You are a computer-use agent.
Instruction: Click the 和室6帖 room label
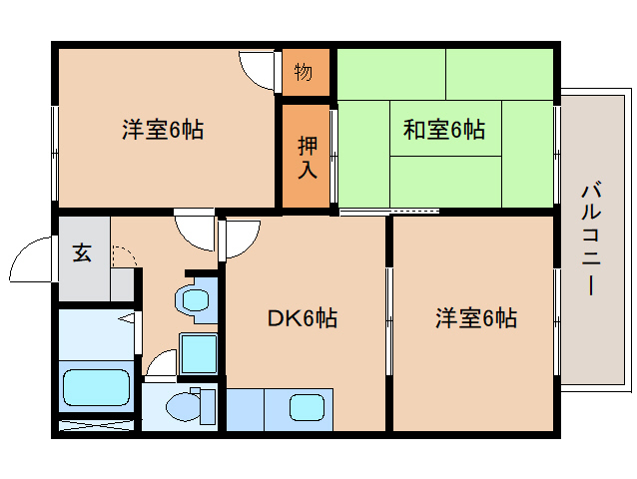(443, 130)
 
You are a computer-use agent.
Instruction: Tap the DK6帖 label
(303, 318)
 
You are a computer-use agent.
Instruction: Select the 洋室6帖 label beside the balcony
(476, 318)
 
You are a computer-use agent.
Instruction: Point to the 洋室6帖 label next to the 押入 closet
(163, 130)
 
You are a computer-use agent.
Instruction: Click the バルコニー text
(591, 239)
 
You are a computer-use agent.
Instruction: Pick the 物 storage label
(304, 72)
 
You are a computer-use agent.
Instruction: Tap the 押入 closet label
(308, 158)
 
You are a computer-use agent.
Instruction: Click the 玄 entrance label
(82, 252)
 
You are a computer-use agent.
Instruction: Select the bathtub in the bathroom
(96, 387)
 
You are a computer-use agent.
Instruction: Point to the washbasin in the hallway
(194, 300)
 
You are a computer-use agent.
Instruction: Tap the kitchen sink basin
(308, 407)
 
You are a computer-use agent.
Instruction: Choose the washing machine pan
(199, 353)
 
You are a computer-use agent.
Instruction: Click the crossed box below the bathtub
(96, 425)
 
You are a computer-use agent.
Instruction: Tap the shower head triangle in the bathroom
(128, 317)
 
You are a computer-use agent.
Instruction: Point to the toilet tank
(208, 407)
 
